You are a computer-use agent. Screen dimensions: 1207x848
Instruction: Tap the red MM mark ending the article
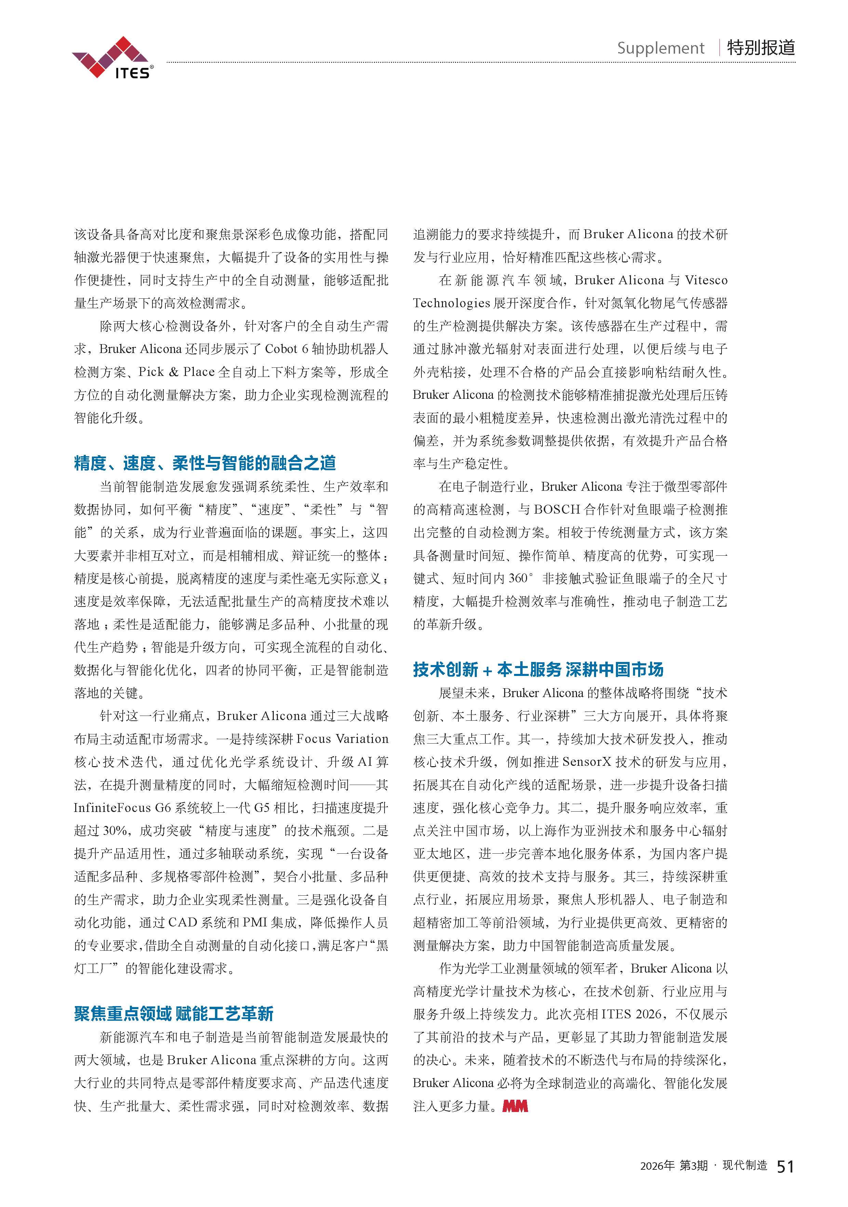[x=515, y=1106]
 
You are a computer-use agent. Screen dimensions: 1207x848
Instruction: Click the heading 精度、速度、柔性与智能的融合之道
[x=205, y=463]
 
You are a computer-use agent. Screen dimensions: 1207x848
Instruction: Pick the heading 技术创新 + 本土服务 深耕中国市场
[x=538, y=670]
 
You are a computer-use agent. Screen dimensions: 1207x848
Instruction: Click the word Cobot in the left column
[x=281, y=349]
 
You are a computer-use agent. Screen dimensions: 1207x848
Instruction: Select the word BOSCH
[x=557, y=510]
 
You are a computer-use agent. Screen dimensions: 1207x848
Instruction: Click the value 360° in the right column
[x=521, y=578]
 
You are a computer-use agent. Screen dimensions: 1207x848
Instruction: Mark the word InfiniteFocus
[x=112, y=808]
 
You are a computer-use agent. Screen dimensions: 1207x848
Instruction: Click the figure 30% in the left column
[x=115, y=831]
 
